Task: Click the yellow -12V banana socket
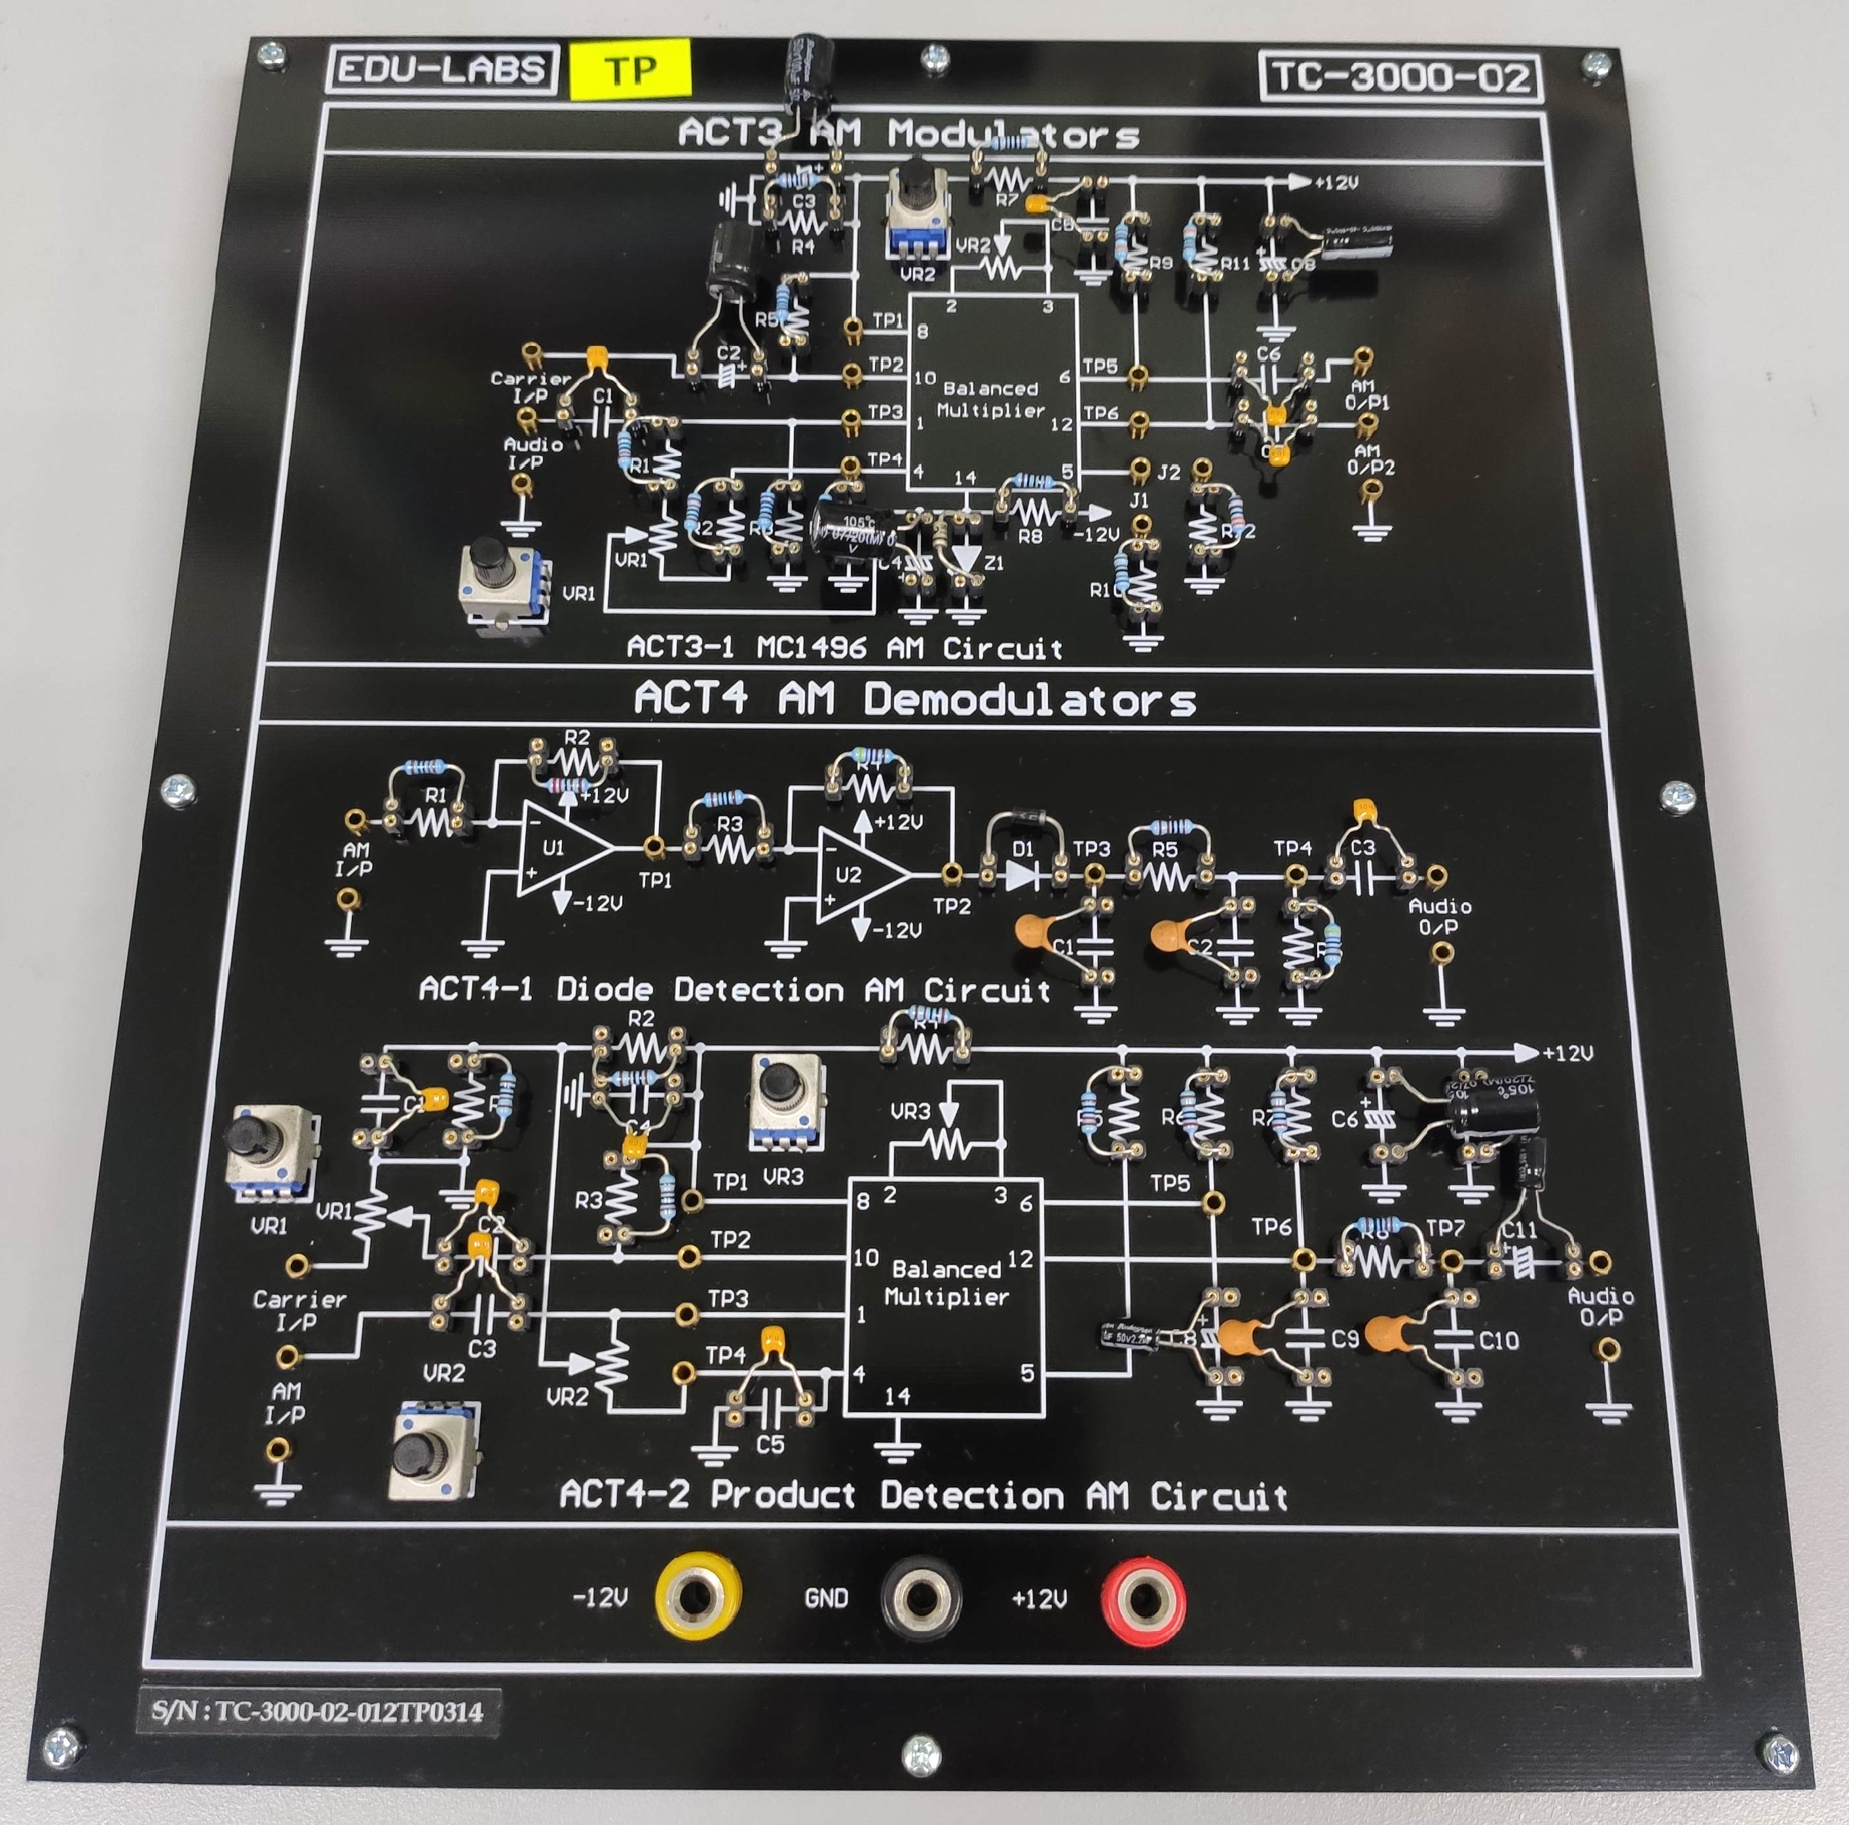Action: point(698,1596)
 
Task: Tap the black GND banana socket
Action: point(920,1596)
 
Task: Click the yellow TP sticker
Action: point(629,69)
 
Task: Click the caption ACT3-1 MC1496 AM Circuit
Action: point(844,648)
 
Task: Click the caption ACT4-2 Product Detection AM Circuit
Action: point(923,1494)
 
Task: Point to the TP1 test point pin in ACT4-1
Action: point(654,846)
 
